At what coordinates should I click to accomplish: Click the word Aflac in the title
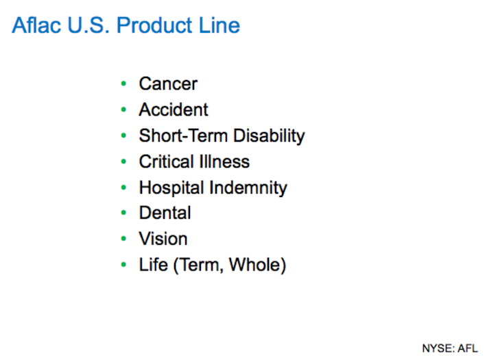coord(36,25)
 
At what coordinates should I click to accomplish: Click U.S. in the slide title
coord(88,25)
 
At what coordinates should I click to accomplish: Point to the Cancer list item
coord(168,83)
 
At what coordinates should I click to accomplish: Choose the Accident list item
coord(174,109)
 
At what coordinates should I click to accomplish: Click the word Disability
coord(269,136)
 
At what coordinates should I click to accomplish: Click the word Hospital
coord(171,188)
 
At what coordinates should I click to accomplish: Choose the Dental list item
coord(165,213)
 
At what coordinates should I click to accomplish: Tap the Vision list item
coord(163,239)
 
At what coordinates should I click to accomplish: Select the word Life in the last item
coord(153,265)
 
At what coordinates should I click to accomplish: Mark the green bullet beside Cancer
coord(123,83)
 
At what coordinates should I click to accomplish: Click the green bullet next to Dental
coord(123,213)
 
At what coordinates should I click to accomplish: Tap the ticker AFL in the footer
coord(467,348)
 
